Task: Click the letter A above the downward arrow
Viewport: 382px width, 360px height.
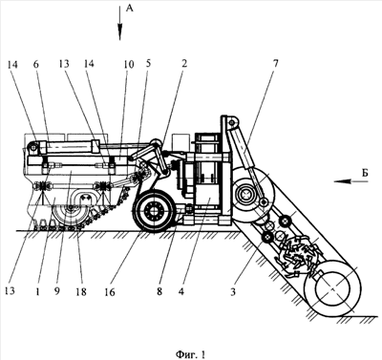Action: (129, 9)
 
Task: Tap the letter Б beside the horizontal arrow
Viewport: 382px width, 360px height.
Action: (365, 173)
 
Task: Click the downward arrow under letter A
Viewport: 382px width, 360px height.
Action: (120, 23)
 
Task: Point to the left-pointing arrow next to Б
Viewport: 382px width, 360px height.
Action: (350, 181)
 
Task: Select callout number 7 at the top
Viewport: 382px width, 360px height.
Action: (276, 63)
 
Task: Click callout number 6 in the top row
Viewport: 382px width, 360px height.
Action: (35, 64)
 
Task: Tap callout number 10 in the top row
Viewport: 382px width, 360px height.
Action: (129, 64)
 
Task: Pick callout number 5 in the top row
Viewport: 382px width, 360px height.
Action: (148, 64)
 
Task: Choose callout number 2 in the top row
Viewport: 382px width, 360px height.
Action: (183, 64)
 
